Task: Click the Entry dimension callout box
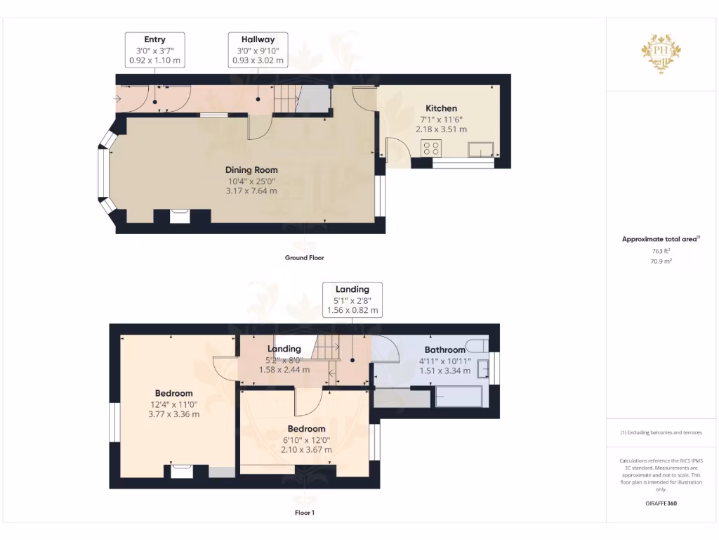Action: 155,50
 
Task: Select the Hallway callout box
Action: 258,50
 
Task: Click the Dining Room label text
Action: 251,169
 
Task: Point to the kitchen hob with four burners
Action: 431,148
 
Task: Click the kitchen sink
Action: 482,148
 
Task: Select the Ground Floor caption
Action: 304,258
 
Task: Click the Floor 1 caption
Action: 304,513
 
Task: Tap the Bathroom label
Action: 444,349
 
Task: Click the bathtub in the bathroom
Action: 459,397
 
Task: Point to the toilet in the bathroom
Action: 478,345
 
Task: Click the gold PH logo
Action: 661,51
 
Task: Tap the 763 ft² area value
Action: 661,250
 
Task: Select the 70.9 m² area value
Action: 661,261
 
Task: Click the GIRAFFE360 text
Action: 661,503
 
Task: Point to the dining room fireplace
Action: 180,216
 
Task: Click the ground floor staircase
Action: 286,99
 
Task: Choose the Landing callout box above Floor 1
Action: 352,300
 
